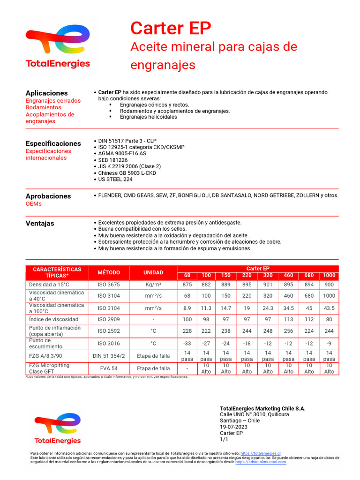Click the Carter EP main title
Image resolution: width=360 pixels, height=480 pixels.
click(x=171, y=29)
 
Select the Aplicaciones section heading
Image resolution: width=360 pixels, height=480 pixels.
click(x=46, y=93)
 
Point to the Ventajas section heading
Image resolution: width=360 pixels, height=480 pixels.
click(x=40, y=224)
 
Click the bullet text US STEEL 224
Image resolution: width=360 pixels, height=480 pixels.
click(x=115, y=180)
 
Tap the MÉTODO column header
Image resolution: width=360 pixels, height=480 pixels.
click(x=108, y=273)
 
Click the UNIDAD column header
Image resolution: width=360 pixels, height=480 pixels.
click(x=153, y=273)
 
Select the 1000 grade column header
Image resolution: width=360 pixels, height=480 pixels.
click(x=329, y=275)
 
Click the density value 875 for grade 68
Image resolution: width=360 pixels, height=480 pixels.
click(x=187, y=285)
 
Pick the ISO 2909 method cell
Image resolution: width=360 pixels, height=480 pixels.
click(x=108, y=319)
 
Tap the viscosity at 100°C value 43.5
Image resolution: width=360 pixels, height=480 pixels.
click(x=329, y=308)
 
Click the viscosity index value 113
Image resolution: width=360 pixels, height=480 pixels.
click(x=288, y=319)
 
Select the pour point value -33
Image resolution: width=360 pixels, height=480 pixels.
click(x=187, y=343)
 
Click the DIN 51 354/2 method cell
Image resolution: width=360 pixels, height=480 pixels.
click(x=108, y=356)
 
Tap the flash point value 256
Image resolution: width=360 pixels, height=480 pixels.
click(x=288, y=331)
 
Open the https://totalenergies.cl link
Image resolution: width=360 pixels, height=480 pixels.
click(x=260, y=454)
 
